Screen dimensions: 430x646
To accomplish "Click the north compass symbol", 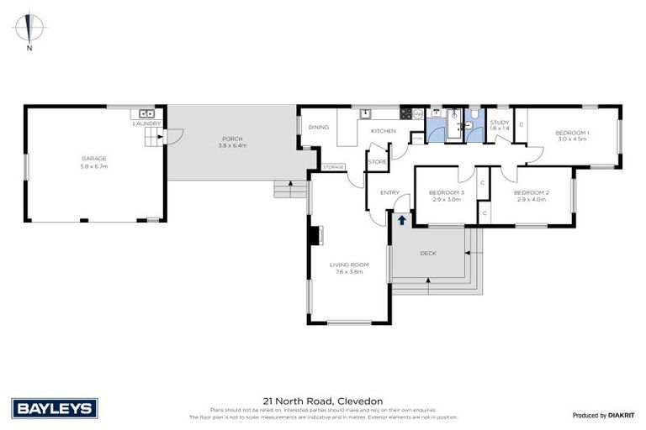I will (x=29, y=30).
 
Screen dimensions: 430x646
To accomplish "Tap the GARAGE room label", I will (x=93, y=157).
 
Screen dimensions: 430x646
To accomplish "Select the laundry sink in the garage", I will (x=146, y=113).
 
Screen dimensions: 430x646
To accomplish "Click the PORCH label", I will (x=231, y=139).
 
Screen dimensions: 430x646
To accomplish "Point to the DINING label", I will (x=318, y=128).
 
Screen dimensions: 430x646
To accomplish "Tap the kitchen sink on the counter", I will (x=366, y=113).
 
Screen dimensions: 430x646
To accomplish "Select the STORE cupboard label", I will (x=378, y=161).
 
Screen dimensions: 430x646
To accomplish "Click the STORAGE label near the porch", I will (x=333, y=167).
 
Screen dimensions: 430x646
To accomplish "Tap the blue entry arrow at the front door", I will (x=402, y=220).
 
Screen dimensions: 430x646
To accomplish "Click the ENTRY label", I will (x=389, y=192).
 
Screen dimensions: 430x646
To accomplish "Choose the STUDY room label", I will (x=499, y=123).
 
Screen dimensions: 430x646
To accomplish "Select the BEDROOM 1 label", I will (x=571, y=133).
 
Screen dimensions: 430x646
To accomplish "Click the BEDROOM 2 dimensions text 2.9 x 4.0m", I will (x=532, y=200).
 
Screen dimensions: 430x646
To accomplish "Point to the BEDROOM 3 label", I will (x=446, y=193).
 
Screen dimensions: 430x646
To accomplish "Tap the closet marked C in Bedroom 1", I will (x=522, y=125).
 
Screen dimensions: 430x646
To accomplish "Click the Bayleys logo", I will (x=56, y=408).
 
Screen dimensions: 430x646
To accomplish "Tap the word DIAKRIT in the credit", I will (x=622, y=415).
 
